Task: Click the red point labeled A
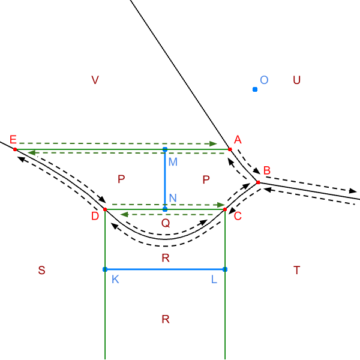click(230, 149)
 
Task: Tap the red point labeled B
click(258, 182)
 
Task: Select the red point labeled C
click(225, 209)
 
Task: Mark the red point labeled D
click(105, 209)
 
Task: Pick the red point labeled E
click(15, 149)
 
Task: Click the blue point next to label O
click(255, 89)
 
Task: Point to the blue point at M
click(165, 149)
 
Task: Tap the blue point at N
click(165, 209)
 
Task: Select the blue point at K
click(105, 269)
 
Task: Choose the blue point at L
click(225, 269)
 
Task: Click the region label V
click(95, 80)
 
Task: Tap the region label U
click(296, 80)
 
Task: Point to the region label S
click(41, 270)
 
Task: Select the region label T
click(297, 270)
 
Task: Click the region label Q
click(166, 223)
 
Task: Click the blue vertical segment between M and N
click(165, 179)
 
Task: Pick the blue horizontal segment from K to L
click(165, 269)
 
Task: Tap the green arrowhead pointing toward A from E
click(213, 144)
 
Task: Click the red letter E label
click(13, 139)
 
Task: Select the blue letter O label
click(264, 80)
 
